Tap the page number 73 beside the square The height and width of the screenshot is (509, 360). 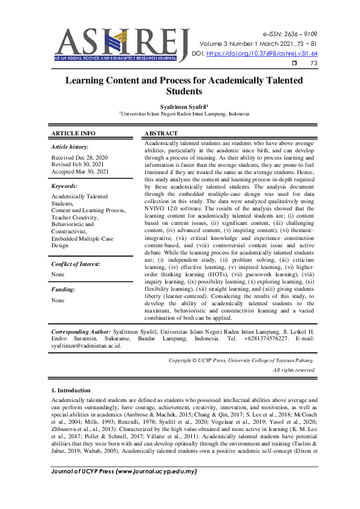pos(313,63)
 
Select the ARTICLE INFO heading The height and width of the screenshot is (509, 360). pos(73,133)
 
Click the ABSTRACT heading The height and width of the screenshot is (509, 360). pos(162,133)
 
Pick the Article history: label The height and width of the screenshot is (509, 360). pos(70,147)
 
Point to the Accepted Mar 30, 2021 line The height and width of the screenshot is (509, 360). pos(80,172)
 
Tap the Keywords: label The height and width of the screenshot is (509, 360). pos(65,186)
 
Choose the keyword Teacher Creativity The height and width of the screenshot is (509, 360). pos(77,217)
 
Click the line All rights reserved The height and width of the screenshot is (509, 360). pos(293,369)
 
